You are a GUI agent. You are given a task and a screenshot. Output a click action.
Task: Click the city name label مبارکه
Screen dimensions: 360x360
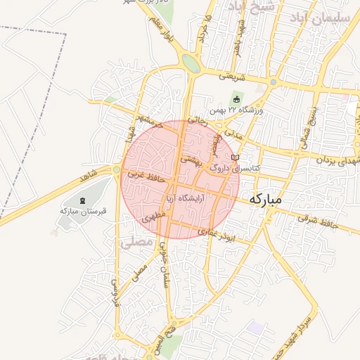(265, 200)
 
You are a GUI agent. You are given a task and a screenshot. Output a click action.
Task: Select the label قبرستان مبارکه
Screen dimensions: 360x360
(83, 210)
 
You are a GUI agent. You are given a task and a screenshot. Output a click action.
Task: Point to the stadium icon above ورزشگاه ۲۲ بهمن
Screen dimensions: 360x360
(236, 98)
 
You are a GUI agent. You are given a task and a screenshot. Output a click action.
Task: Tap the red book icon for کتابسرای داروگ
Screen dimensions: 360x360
(236, 157)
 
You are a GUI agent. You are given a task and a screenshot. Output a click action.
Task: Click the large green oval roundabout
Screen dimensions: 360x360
(191, 63)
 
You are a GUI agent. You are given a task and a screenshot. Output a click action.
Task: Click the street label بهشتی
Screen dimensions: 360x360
(191, 160)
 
